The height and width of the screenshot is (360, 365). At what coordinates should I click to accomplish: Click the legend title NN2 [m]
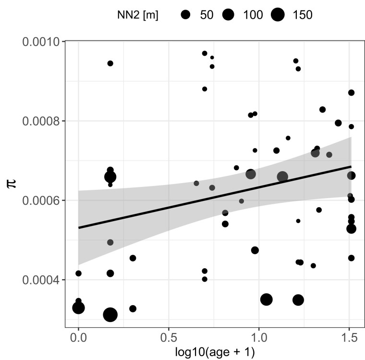pyautogui.click(x=138, y=15)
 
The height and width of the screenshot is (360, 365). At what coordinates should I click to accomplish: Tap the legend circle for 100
pyautogui.click(x=228, y=15)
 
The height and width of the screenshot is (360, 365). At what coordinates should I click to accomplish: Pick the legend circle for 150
pyautogui.click(x=278, y=15)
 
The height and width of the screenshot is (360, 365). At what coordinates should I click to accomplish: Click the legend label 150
pyautogui.click(x=302, y=15)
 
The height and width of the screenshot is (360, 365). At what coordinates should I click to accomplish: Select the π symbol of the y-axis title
pyautogui.click(x=13, y=184)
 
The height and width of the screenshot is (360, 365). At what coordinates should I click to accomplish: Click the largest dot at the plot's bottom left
pyautogui.click(x=110, y=315)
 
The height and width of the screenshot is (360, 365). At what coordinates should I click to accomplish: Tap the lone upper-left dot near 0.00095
pyautogui.click(x=110, y=63)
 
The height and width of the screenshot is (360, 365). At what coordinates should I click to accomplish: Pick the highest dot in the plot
pyautogui.click(x=205, y=53)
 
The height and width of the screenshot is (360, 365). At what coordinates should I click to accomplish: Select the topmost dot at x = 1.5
pyautogui.click(x=351, y=93)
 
